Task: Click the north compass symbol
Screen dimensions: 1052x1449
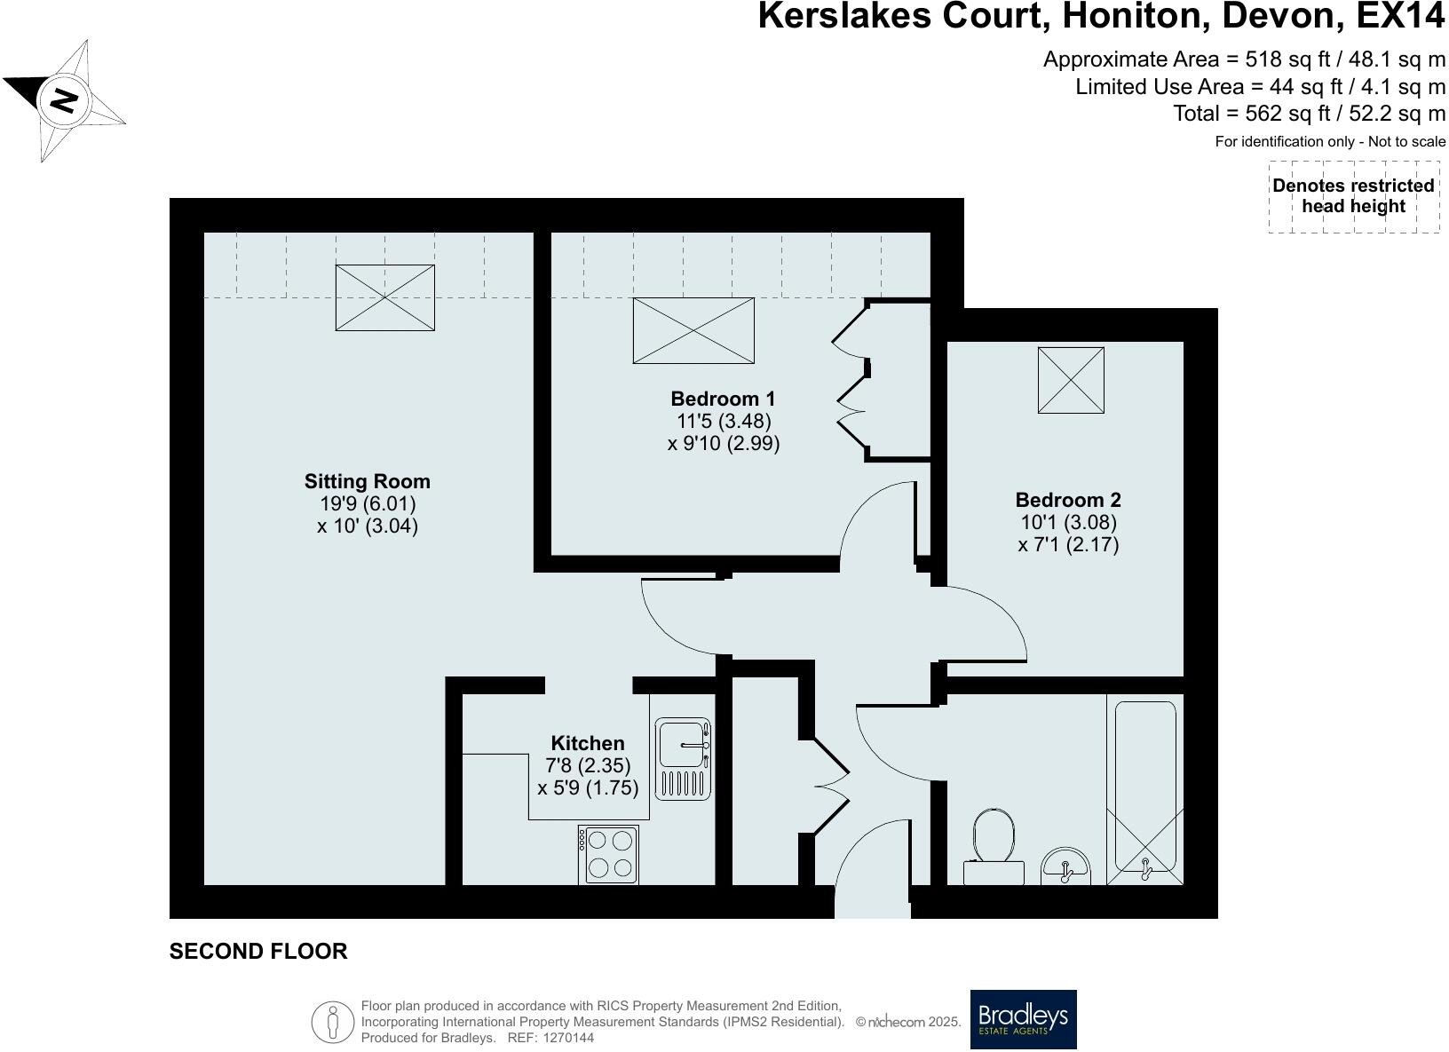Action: point(64,99)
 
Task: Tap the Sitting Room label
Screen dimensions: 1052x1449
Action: point(367,482)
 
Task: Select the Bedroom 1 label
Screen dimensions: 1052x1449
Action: point(723,399)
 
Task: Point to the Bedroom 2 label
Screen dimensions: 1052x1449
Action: point(1068,500)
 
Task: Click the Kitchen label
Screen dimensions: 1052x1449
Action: point(588,743)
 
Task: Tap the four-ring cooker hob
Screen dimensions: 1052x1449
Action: point(608,854)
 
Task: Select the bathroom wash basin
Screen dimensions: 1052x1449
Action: point(1065,866)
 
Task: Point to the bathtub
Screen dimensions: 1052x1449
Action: point(1145,790)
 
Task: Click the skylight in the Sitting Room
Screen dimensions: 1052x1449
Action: point(384,298)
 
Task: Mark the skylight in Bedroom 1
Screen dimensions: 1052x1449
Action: point(693,330)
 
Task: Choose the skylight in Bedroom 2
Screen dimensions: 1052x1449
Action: point(1071,380)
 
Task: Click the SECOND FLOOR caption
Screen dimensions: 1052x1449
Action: point(258,952)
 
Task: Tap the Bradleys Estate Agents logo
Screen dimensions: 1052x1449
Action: point(1023,1019)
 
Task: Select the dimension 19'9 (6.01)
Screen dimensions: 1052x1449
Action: point(368,503)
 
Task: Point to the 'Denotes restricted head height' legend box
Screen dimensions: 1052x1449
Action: point(1353,196)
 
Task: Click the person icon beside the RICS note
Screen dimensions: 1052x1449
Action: point(333,1022)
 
